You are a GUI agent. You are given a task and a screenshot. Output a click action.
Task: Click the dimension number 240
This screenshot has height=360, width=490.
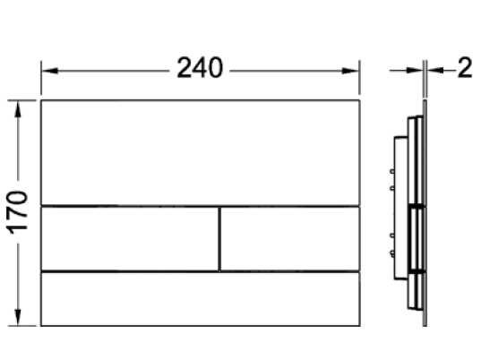click(x=200, y=67)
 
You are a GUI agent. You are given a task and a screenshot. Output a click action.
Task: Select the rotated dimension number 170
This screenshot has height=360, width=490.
click(x=18, y=212)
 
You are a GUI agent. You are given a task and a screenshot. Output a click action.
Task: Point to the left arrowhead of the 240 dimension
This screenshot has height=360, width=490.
click(x=49, y=71)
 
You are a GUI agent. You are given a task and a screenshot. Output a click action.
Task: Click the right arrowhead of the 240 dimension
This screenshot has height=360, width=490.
click(x=350, y=71)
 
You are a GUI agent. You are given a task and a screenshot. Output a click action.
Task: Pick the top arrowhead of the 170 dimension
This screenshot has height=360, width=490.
click(x=18, y=109)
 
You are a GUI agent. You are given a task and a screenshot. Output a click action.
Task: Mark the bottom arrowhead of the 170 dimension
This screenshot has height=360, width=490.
click(x=18, y=317)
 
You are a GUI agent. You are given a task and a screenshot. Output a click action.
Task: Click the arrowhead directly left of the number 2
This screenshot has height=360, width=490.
click(x=435, y=71)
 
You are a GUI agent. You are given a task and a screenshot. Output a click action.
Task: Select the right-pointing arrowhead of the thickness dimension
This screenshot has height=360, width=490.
click(x=415, y=71)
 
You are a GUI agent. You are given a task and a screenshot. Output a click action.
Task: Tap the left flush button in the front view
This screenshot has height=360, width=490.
click(x=130, y=239)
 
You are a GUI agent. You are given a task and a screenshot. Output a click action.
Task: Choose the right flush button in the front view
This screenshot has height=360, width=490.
click(x=290, y=239)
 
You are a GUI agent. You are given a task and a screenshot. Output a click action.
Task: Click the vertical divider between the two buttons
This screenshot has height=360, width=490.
click(x=219, y=239)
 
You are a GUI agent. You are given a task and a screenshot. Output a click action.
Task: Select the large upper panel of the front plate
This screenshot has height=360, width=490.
click(x=201, y=153)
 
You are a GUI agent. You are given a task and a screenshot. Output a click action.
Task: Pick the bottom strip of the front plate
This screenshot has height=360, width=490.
click(x=201, y=299)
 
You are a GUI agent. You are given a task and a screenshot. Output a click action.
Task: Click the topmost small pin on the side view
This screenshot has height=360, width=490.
click(x=391, y=171)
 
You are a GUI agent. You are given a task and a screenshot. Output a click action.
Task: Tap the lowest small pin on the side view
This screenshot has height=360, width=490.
click(x=391, y=253)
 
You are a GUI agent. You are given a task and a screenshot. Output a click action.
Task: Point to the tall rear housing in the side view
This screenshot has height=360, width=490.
click(x=400, y=208)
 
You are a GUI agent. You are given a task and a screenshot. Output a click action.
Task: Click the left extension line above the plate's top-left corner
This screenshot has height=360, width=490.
click(x=41, y=78)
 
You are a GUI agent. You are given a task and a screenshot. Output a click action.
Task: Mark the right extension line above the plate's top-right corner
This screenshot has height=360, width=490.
click(x=360, y=78)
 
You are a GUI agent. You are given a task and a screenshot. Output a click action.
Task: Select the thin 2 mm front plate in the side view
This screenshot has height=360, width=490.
click(x=425, y=213)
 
